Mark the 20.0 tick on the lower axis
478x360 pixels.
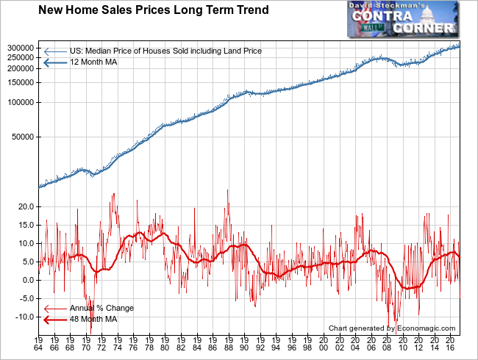pyautogui.click(x=27, y=206)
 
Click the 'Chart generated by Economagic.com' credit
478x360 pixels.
pyautogui.click(x=392, y=328)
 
